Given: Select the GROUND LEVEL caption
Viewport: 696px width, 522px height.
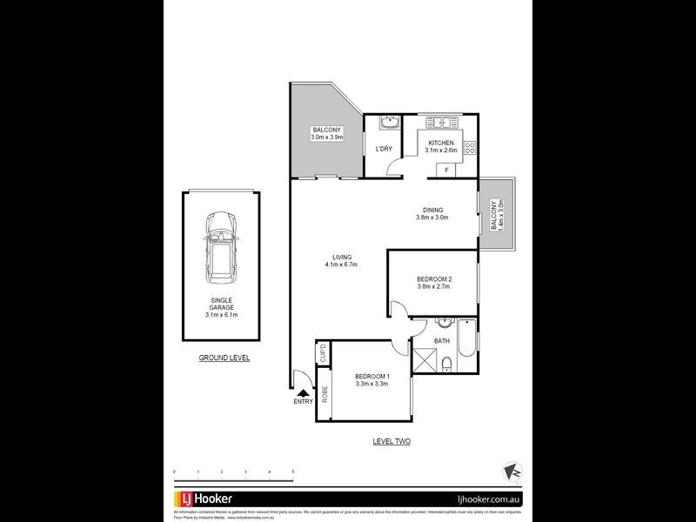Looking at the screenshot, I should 224,358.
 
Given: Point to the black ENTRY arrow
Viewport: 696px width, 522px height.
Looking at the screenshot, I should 303,394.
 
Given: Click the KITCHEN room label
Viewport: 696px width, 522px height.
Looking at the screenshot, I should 441,146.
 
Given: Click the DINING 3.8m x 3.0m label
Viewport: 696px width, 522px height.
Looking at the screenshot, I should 432,213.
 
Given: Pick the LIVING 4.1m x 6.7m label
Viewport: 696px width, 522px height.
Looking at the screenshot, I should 341,260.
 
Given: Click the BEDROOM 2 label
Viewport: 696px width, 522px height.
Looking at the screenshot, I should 433,283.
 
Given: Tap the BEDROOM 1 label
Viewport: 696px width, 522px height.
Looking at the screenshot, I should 371,379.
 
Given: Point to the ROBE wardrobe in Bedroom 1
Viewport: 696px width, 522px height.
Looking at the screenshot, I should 324,393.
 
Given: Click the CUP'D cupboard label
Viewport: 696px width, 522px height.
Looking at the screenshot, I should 323,353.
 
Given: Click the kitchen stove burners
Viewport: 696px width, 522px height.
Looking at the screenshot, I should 471,148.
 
